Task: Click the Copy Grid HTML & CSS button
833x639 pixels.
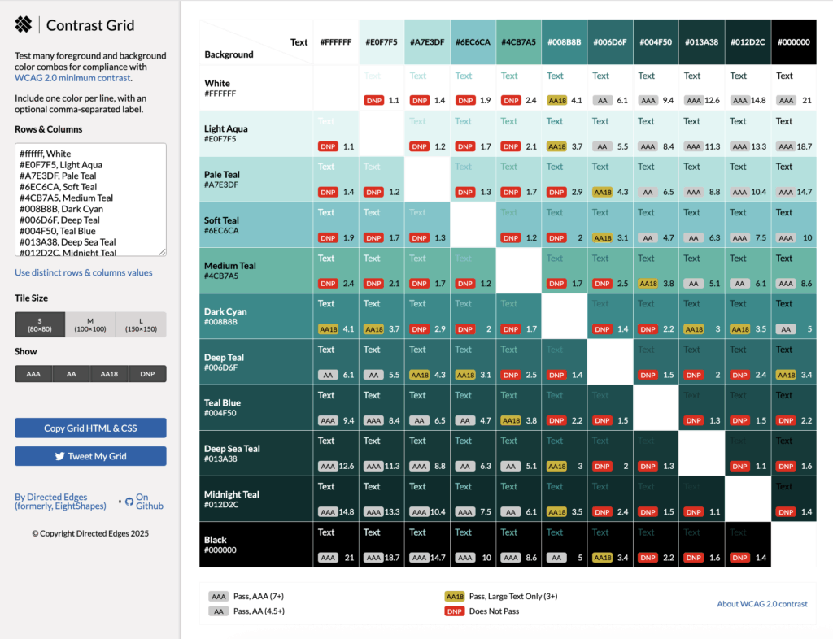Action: coord(90,428)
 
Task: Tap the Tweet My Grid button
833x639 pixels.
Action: coord(90,456)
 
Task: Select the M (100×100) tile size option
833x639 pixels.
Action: coord(90,324)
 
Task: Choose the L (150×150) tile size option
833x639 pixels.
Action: coord(141,324)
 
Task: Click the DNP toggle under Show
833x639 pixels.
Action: coord(147,374)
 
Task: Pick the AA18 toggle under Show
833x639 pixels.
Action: coord(109,374)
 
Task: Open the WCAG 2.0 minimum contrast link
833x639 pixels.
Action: coord(72,78)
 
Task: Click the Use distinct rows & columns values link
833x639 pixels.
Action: coord(83,272)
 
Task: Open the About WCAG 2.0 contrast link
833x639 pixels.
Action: coord(762,604)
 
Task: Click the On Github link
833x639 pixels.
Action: coord(143,502)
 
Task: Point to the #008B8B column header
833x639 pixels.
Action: coord(565,42)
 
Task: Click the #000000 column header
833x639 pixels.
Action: coord(793,42)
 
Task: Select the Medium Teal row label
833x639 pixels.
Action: coord(230,266)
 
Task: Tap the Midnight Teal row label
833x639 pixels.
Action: coord(232,494)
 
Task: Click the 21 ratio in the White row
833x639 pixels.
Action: coord(806,101)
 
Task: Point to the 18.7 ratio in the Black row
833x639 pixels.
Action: coord(393,559)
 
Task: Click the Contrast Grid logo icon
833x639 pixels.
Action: coord(24,25)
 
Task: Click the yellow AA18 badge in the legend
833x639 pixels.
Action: coord(454,597)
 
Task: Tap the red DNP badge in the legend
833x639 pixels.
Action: coord(454,611)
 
